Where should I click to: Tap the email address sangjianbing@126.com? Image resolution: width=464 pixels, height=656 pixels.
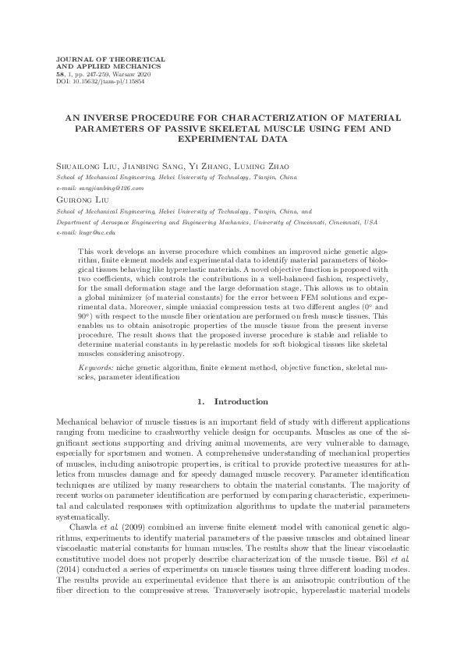(x=115, y=189)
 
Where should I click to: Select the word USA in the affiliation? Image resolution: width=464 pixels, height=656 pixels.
(x=370, y=221)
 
